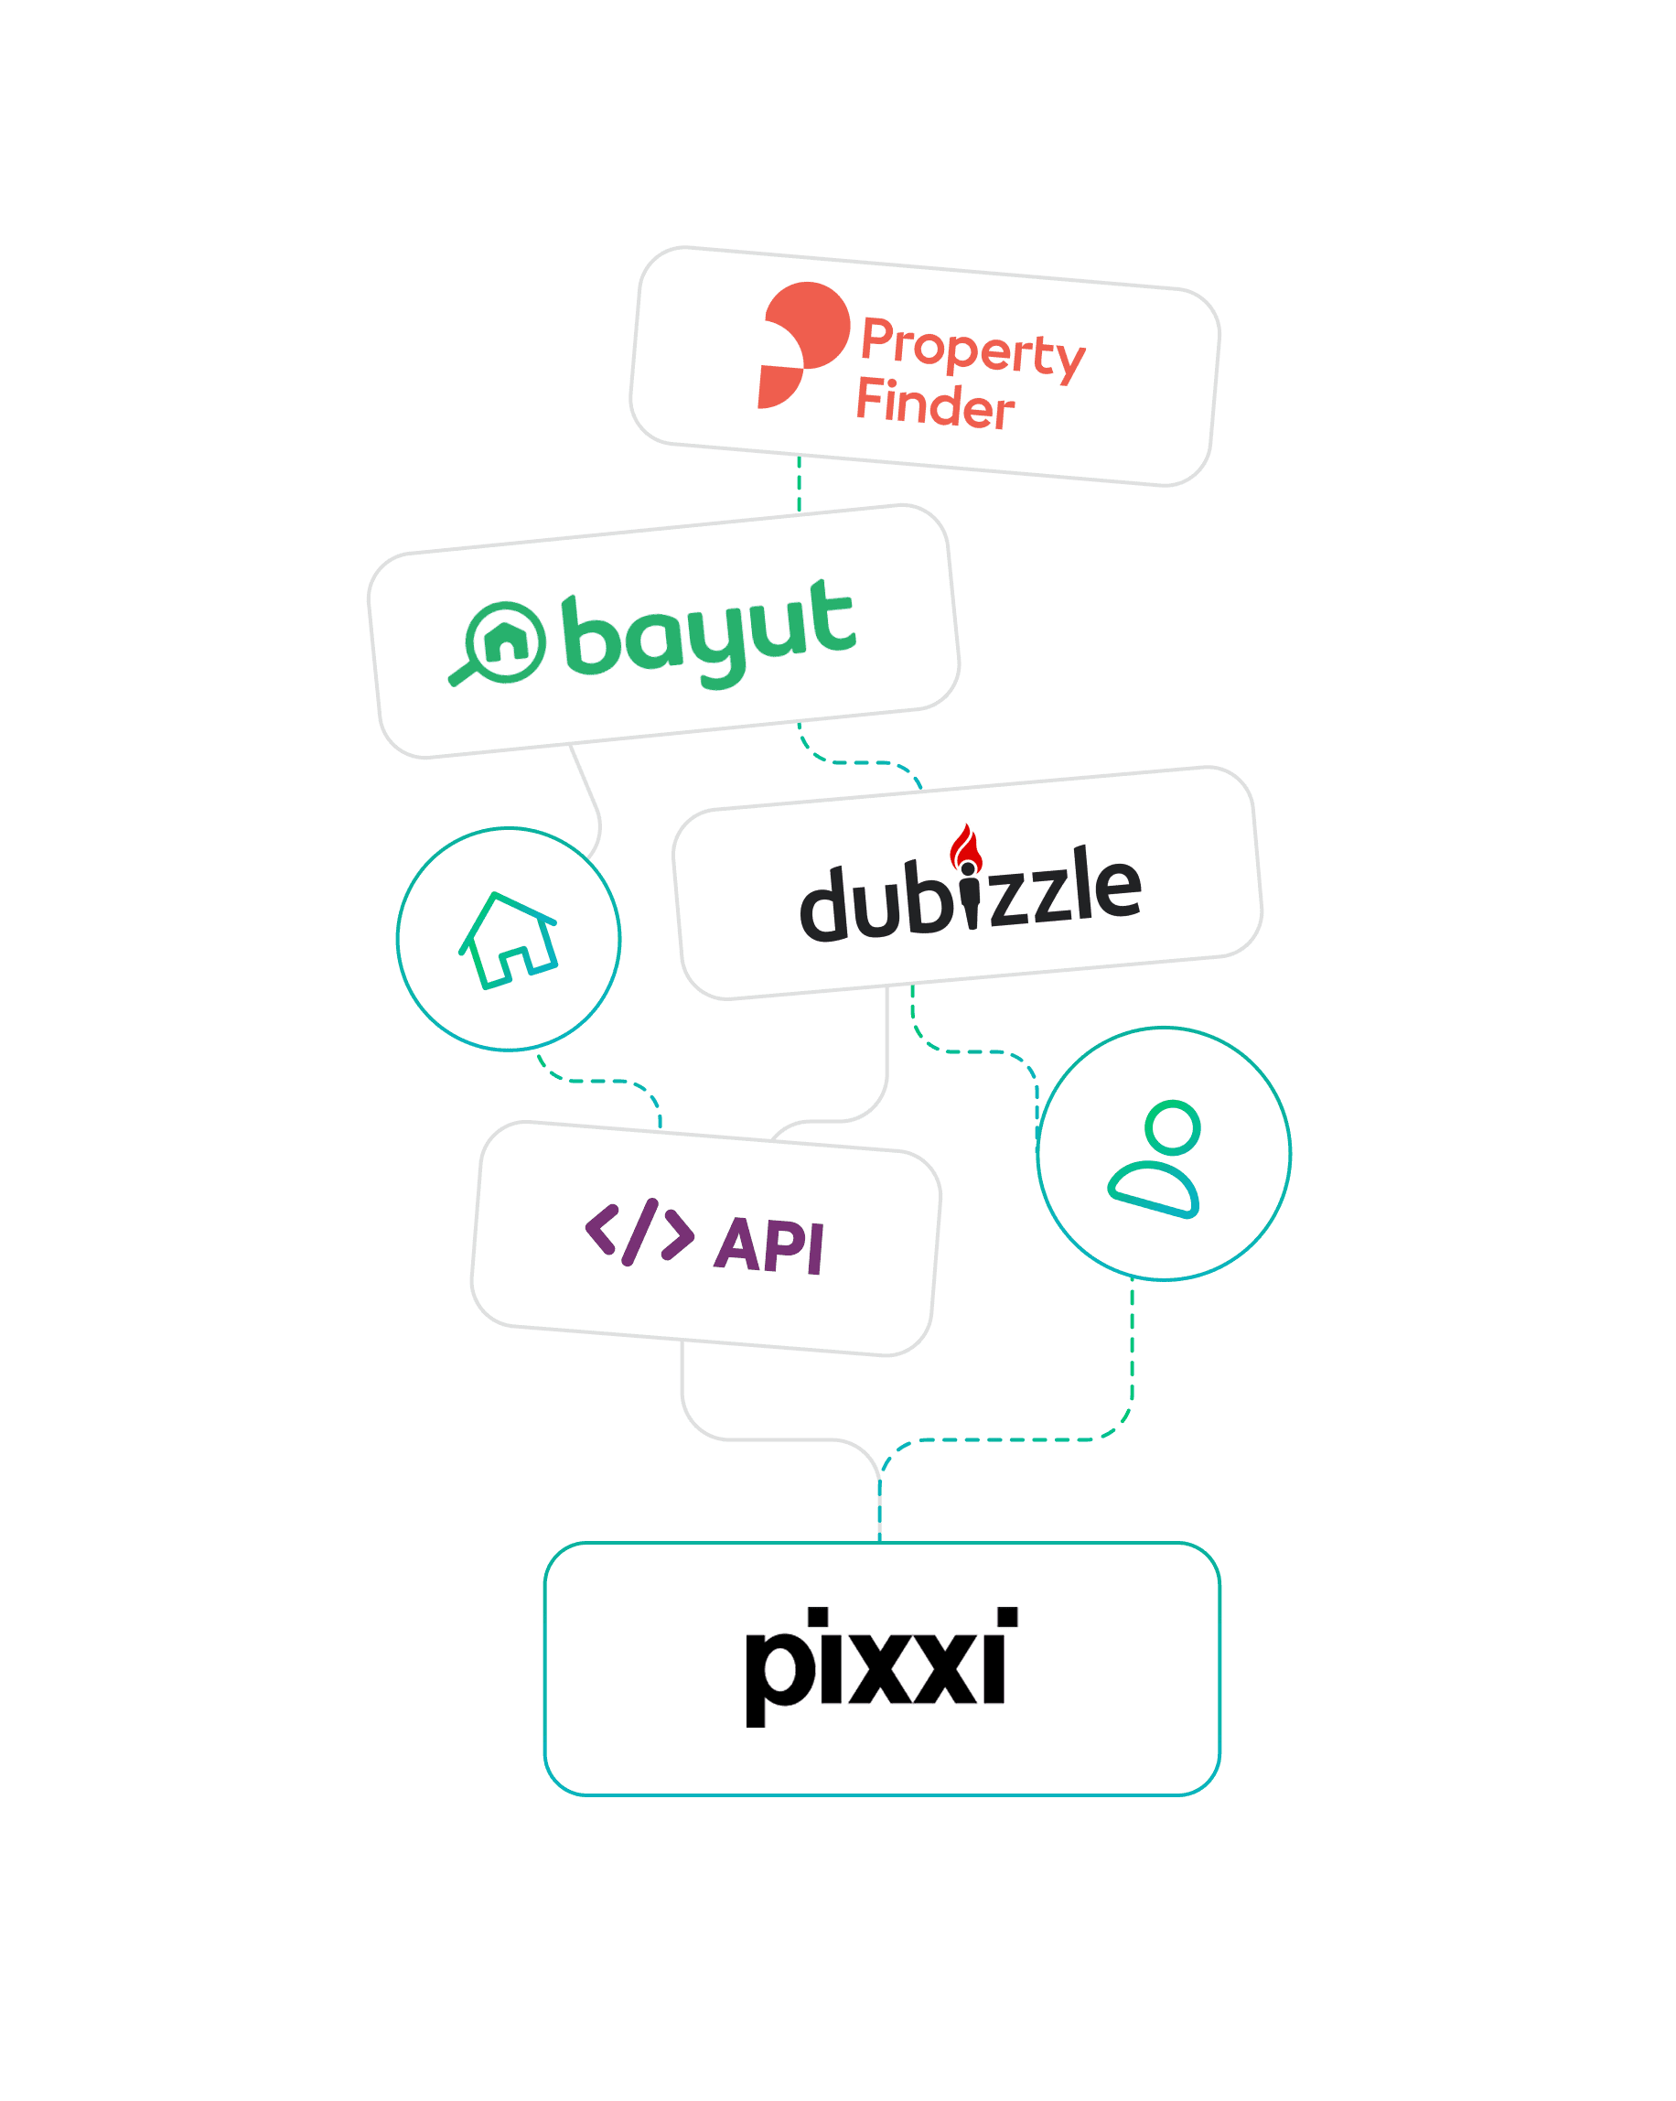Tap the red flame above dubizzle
966,846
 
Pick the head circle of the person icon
1172,1127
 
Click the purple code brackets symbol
639,1232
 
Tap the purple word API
768,1245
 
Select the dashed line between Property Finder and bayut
799,484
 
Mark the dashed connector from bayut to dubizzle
857,762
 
